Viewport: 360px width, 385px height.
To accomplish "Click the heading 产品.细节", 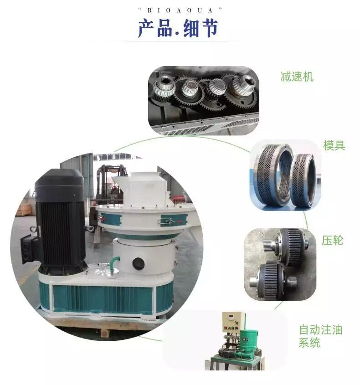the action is [178, 29].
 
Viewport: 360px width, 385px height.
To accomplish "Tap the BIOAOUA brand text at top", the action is [180, 10].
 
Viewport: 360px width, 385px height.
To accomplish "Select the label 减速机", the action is [297, 77].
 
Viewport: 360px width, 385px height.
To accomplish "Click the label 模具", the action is [334, 145].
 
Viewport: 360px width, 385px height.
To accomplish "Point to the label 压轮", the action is [332, 240].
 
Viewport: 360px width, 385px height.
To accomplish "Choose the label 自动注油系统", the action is [320, 336].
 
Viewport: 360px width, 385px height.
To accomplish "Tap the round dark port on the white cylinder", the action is [139, 263].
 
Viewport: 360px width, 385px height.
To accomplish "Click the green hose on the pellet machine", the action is [113, 263].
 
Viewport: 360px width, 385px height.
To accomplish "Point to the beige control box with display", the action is [233, 322].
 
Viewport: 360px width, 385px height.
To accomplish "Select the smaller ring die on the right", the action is [303, 181].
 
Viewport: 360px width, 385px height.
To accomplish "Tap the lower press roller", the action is [273, 280].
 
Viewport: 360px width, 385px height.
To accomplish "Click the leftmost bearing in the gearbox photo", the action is [164, 87].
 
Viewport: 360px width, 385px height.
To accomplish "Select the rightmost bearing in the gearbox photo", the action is [242, 85].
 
